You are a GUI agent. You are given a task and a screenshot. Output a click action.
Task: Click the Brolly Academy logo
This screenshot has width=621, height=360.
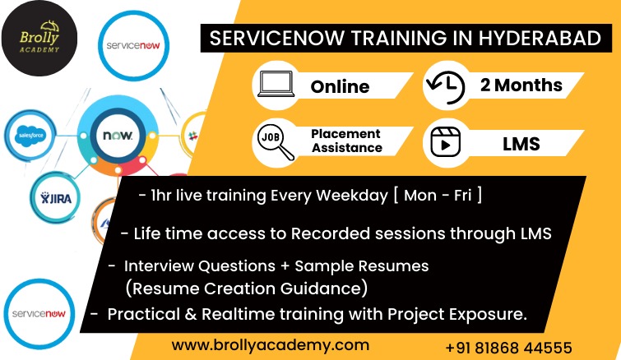click(x=39, y=39)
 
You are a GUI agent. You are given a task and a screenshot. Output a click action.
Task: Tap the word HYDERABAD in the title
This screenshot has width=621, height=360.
click(x=540, y=39)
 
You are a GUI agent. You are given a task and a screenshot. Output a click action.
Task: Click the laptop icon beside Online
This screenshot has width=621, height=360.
click(x=276, y=84)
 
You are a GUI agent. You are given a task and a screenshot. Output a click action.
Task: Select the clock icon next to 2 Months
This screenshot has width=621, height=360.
click(x=445, y=87)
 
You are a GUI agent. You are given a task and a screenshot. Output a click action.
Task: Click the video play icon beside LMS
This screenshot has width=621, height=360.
click(x=445, y=142)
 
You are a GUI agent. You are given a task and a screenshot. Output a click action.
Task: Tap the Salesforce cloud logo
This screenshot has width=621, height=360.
click(x=31, y=136)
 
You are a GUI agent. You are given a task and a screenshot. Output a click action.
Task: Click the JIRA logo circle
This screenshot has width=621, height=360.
click(x=55, y=198)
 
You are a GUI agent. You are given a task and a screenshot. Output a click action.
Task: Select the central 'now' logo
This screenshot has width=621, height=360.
click(x=118, y=136)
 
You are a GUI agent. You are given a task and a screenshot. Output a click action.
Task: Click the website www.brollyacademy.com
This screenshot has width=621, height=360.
click(x=270, y=345)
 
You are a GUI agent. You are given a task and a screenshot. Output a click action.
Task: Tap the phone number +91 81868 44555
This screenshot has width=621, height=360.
click(x=508, y=348)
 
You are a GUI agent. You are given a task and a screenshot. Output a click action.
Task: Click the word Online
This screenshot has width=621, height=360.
click(x=340, y=86)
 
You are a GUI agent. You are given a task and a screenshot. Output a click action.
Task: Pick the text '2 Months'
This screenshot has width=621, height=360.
click(x=521, y=85)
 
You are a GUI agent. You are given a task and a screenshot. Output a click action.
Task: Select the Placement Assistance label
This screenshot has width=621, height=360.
click(x=346, y=141)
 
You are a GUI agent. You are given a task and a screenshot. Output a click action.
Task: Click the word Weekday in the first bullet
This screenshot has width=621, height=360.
click(x=352, y=196)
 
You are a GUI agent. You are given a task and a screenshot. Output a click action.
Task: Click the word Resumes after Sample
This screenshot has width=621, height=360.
click(x=396, y=265)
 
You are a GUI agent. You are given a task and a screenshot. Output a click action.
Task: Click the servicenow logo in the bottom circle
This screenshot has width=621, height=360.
click(x=39, y=314)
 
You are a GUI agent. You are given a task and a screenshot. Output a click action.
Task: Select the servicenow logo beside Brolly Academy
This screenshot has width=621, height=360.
click(x=133, y=46)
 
